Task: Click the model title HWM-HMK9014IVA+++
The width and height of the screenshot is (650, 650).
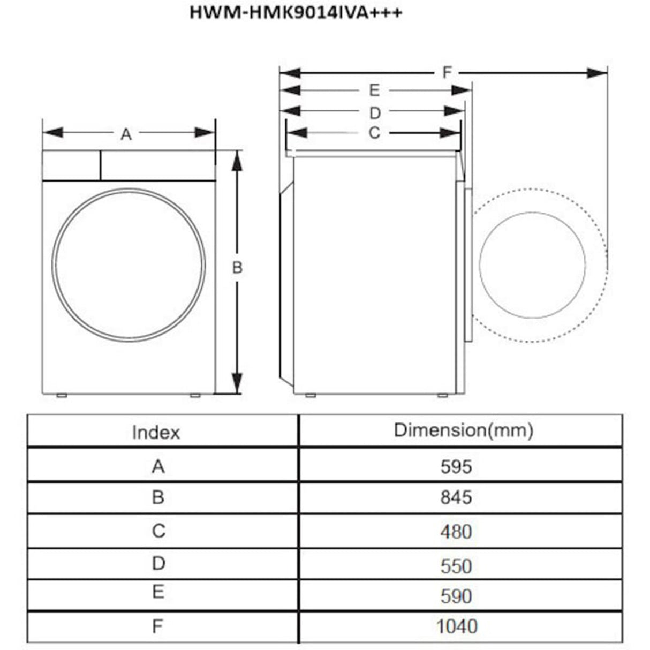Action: point(295,12)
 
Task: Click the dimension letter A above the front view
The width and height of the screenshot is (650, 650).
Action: point(126,134)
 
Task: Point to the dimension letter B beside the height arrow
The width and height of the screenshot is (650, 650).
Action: point(237,268)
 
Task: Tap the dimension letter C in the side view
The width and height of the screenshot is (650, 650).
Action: point(374,133)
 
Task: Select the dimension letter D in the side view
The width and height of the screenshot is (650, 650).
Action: point(375,113)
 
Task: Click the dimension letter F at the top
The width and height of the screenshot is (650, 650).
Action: point(447,72)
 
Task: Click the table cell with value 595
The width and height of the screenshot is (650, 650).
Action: point(456,466)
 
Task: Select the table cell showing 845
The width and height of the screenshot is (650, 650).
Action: point(456,497)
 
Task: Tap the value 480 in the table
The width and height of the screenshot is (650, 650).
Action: point(456,532)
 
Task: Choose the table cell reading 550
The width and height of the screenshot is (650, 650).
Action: point(456,566)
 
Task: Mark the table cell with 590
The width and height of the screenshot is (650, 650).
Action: point(456,596)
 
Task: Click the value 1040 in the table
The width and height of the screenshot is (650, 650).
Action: point(456,626)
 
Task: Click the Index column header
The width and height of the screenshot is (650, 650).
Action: point(156,432)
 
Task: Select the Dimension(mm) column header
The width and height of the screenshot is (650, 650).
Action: point(463,430)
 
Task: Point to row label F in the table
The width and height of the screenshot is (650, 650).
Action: point(157,626)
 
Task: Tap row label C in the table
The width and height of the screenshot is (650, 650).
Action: point(158,531)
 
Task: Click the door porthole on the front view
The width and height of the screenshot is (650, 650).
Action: point(129,264)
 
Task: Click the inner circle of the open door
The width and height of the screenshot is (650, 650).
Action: point(532,264)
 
